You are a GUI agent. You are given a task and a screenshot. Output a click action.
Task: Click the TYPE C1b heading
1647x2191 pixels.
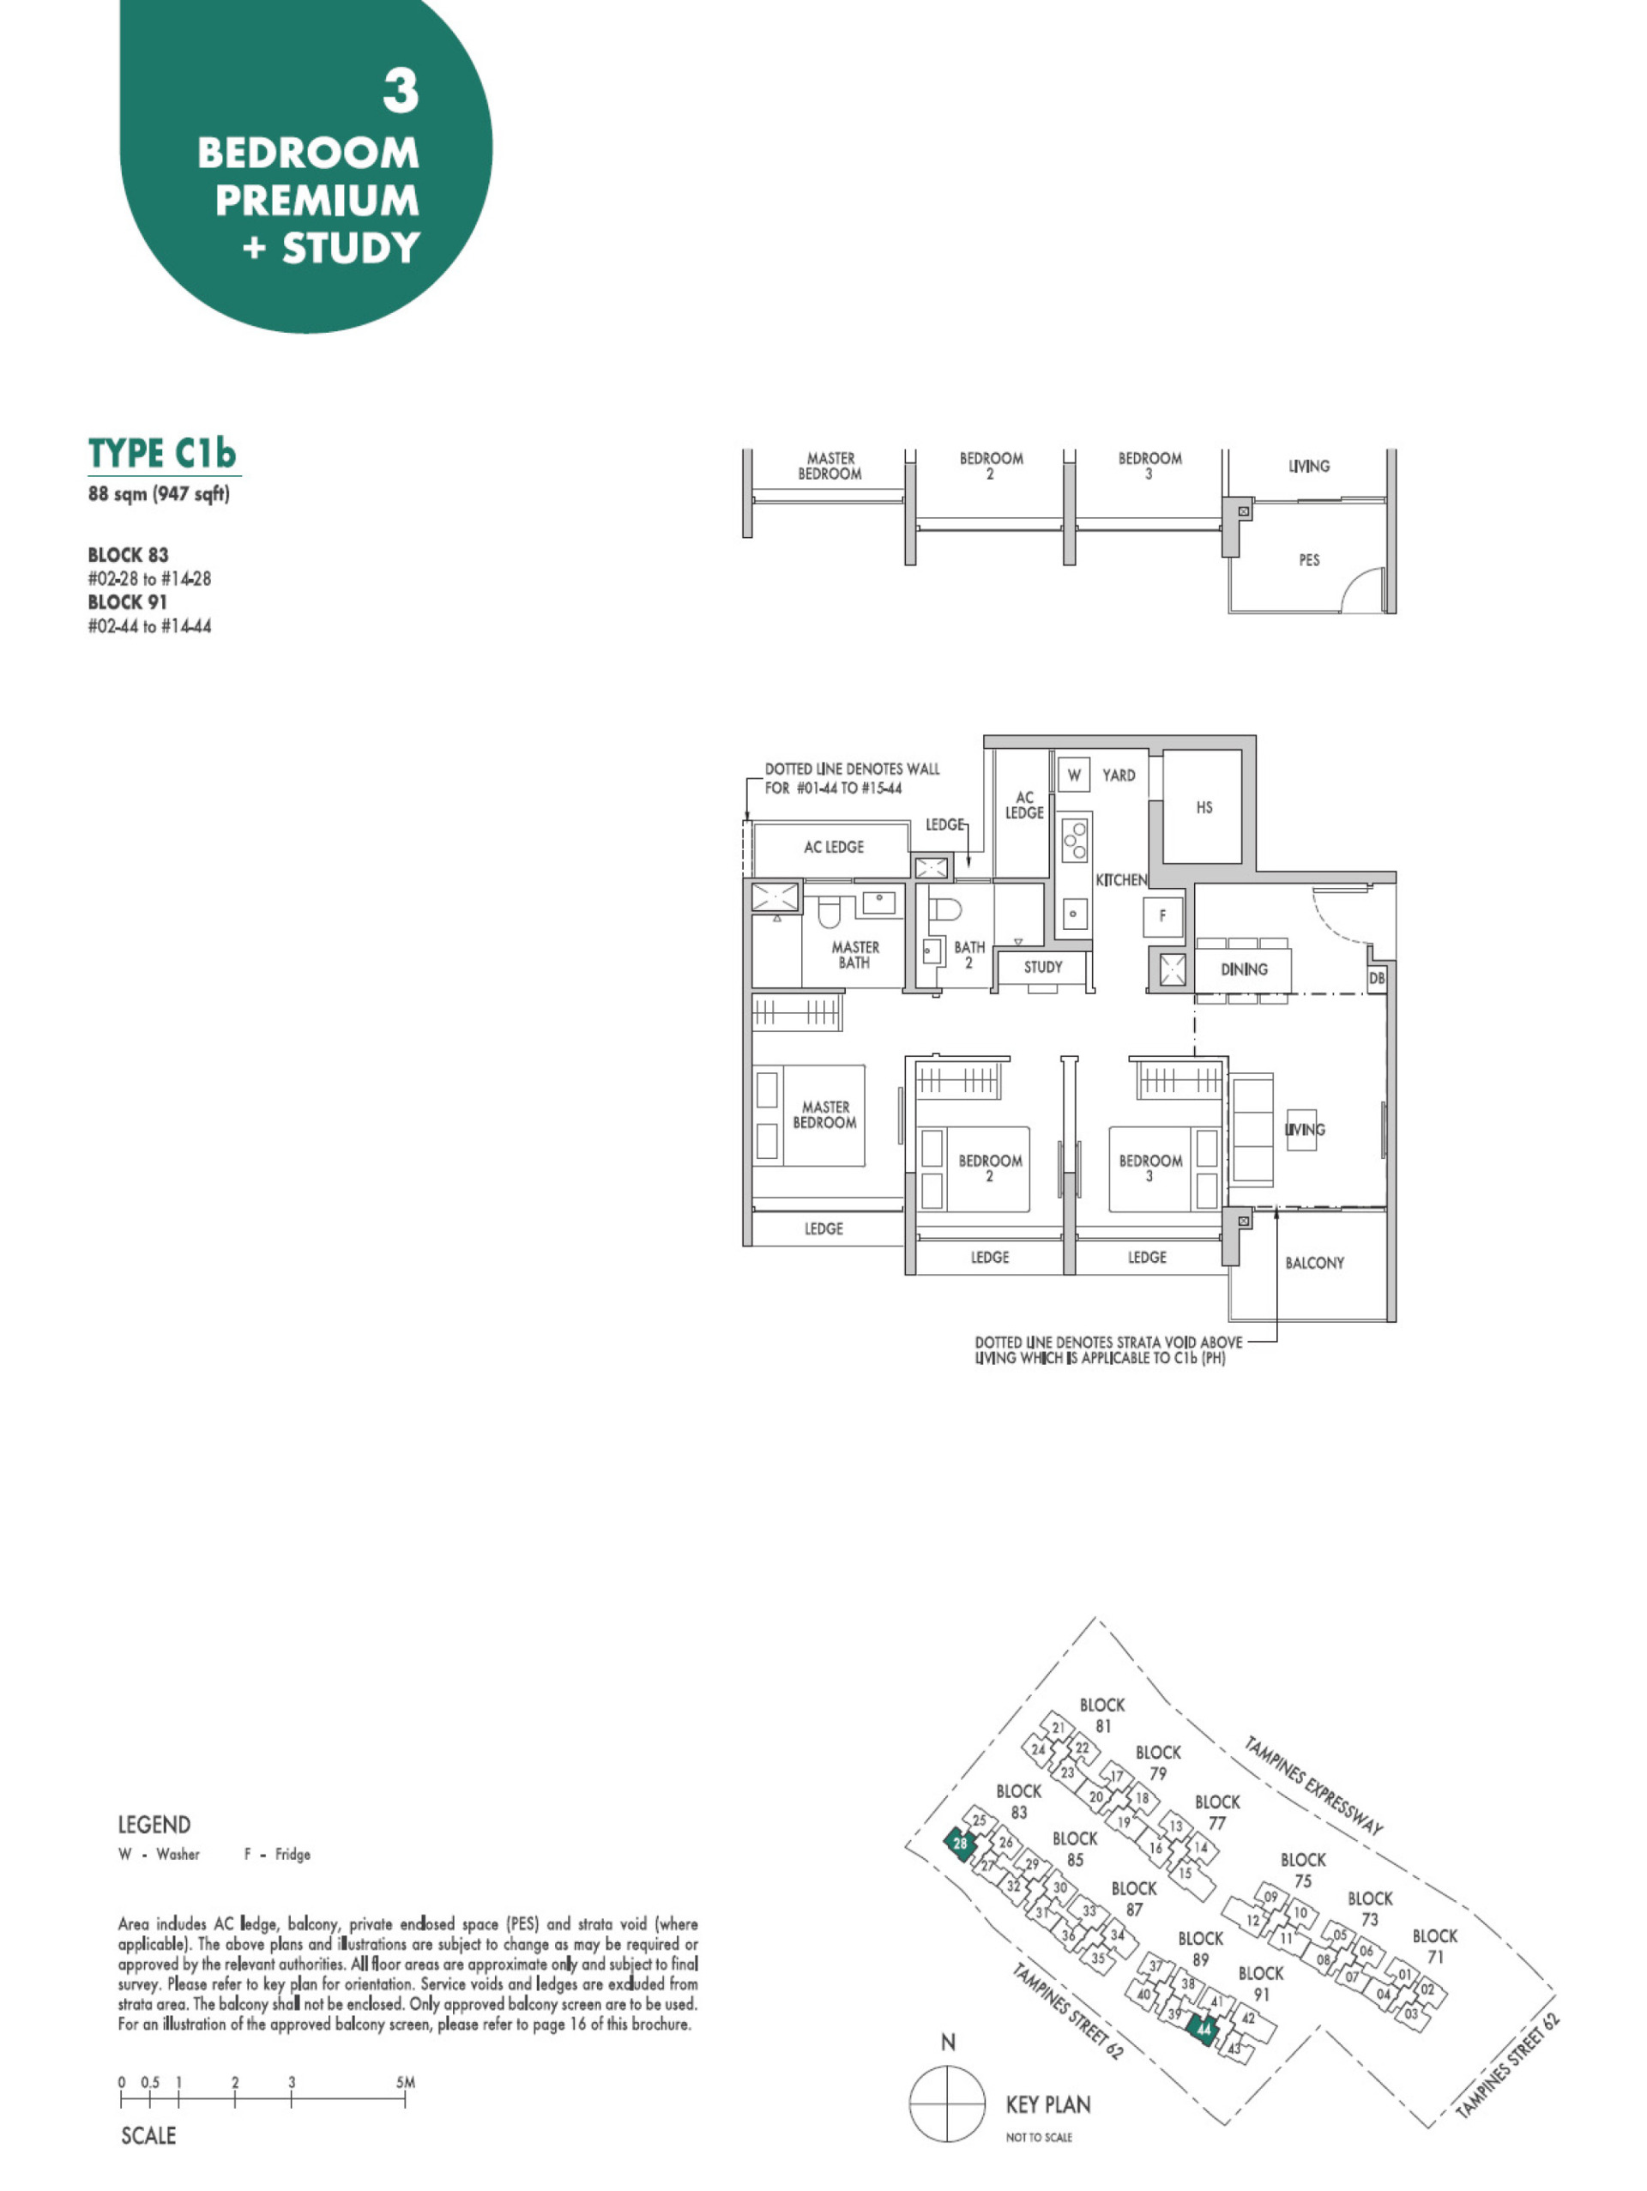tap(162, 453)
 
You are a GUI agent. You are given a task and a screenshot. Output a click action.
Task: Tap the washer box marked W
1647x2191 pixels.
tap(1074, 775)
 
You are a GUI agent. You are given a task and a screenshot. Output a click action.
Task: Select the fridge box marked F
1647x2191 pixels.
tap(1161, 916)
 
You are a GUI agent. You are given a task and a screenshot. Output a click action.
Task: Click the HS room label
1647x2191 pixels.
tap(1204, 807)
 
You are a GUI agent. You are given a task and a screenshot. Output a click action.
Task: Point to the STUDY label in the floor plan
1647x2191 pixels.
tap(1043, 967)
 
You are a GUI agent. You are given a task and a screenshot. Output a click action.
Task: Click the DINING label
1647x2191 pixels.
tap(1244, 969)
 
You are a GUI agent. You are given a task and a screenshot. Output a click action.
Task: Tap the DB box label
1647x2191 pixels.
tap(1377, 978)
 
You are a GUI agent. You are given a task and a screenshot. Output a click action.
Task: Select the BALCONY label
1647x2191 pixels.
tap(1314, 1263)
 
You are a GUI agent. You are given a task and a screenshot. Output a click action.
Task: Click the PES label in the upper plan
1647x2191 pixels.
tap(1309, 559)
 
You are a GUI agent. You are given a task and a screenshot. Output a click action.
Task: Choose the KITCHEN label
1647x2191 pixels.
tap(1121, 879)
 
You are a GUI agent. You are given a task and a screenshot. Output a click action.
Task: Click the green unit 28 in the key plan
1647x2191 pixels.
tap(960, 1844)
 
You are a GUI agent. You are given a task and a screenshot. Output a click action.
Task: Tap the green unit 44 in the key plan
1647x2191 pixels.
tap(1204, 2029)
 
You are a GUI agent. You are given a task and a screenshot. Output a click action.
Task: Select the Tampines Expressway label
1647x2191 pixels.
tap(1313, 1785)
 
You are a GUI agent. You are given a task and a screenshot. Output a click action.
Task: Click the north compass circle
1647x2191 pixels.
tap(948, 2103)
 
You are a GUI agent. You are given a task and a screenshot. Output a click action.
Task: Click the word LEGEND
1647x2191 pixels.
tap(154, 1825)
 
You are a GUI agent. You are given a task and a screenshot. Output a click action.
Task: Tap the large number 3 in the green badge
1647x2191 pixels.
tap(401, 91)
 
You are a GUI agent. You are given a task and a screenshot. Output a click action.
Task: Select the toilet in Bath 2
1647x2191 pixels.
tap(946, 908)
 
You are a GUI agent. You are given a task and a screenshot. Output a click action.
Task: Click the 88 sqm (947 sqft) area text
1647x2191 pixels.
tap(159, 493)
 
